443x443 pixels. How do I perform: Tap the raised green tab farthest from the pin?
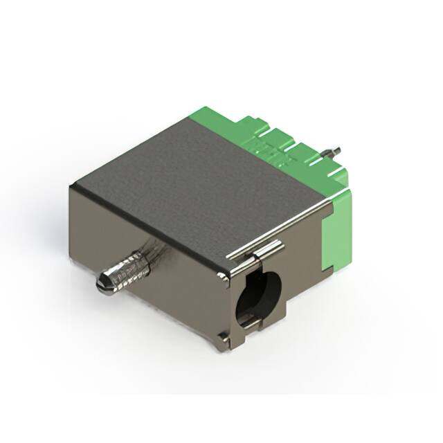click(249, 125)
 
